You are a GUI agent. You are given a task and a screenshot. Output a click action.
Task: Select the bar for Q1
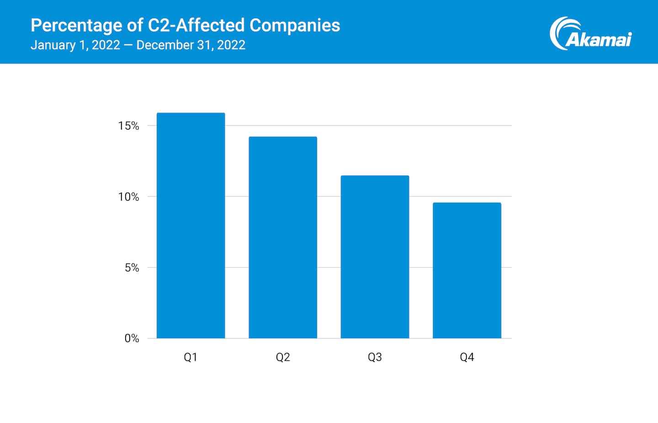[191, 225]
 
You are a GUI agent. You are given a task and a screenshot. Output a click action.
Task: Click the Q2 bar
[283, 237]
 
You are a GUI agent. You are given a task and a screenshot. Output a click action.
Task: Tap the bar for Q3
[375, 257]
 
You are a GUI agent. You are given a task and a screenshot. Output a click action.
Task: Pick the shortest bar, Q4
[467, 270]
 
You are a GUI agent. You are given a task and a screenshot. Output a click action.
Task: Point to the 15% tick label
[128, 126]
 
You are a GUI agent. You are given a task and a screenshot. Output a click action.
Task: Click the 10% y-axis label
[128, 197]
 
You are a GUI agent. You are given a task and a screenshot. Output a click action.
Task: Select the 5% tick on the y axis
[132, 268]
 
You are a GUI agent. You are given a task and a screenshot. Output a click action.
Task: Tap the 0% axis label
[132, 338]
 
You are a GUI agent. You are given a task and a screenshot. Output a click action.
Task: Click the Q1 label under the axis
[191, 357]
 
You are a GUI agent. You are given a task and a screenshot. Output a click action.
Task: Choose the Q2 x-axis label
[283, 357]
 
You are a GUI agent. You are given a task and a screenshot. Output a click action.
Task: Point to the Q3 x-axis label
[375, 357]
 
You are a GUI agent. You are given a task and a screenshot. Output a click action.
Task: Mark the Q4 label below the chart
[467, 357]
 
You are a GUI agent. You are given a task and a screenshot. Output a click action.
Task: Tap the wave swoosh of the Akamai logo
[560, 32]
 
